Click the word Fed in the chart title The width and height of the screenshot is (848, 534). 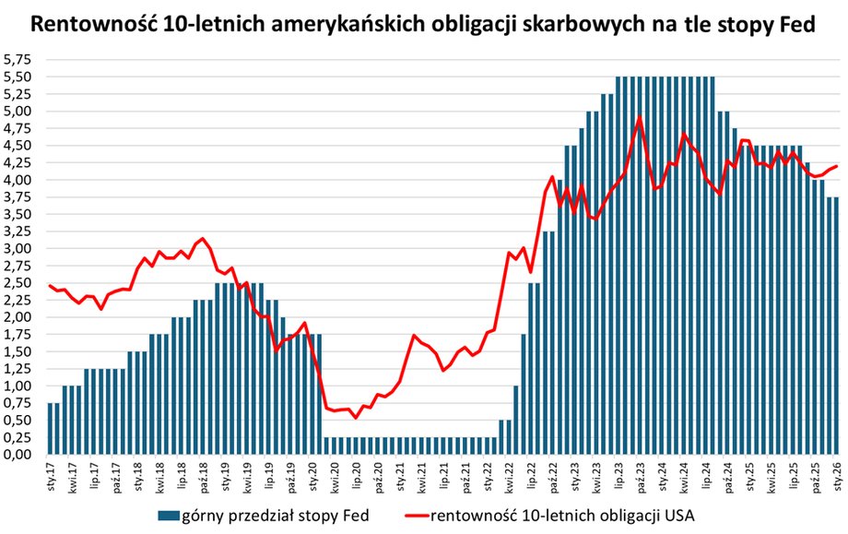click(795, 25)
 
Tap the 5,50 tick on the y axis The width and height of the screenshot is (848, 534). click(19, 77)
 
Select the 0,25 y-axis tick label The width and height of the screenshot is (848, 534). click(19, 437)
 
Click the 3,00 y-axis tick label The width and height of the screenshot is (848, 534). click(19, 248)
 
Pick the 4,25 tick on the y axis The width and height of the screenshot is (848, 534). click(19, 162)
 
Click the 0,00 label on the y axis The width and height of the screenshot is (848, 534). click(19, 455)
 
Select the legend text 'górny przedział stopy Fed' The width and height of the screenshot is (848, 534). click(280, 514)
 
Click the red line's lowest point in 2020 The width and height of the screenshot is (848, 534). click(356, 418)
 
